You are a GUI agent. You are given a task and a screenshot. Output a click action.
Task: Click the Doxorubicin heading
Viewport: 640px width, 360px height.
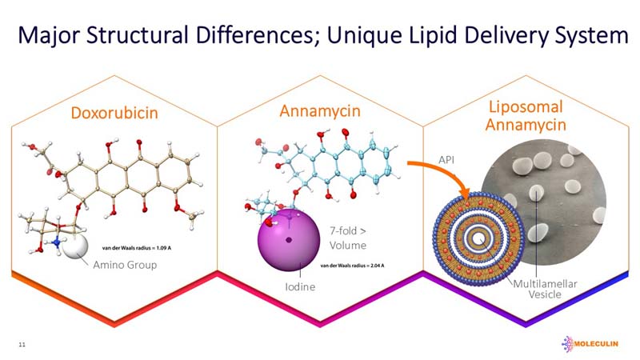pos(112,113)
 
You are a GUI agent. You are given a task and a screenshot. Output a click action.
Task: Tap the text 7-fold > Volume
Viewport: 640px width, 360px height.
pos(348,238)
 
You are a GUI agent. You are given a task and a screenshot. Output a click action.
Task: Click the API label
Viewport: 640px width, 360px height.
pos(446,160)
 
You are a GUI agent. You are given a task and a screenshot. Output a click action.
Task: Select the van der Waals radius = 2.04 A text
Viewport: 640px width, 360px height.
pos(354,265)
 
